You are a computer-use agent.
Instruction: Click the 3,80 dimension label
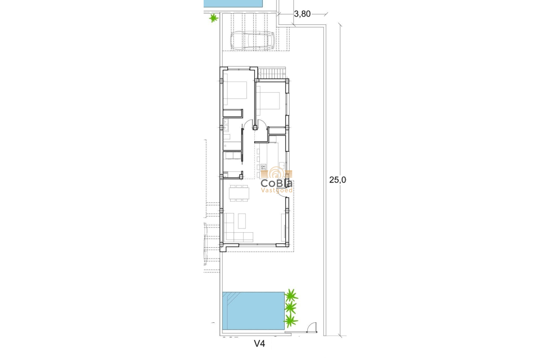pyautogui.click(x=302, y=14)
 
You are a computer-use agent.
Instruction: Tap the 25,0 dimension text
pyautogui.click(x=337, y=180)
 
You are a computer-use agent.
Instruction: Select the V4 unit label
pyautogui.click(x=260, y=343)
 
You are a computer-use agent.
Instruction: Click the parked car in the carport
pyautogui.click(x=252, y=41)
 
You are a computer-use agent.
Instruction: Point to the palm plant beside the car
pyautogui.click(x=213, y=18)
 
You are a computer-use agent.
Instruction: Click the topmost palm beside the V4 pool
pyautogui.click(x=292, y=295)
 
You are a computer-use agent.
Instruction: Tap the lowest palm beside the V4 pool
pyautogui.click(x=291, y=320)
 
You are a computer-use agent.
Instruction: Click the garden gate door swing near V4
pyautogui.click(x=312, y=327)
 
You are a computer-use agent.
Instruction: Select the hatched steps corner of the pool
pyautogui.click(x=231, y=297)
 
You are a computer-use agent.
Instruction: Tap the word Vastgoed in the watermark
pyautogui.click(x=277, y=190)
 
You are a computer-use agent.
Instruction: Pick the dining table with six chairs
pyautogui.click(x=239, y=193)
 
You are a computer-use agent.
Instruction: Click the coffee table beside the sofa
pyautogui.click(x=242, y=220)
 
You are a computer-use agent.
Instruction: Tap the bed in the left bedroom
pyautogui.click(x=235, y=93)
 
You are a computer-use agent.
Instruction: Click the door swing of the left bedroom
pyautogui.click(x=247, y=124)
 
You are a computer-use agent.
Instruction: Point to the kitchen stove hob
pyautogui.click(x=264, y=167)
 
